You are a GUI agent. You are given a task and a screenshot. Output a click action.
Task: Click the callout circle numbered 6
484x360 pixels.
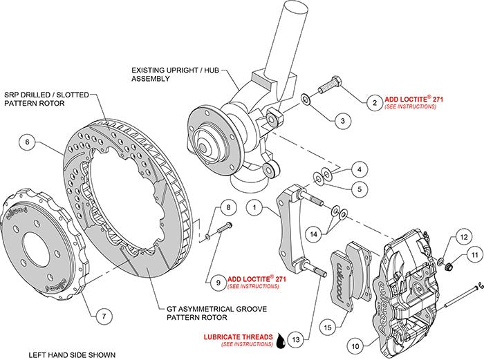[28, 143]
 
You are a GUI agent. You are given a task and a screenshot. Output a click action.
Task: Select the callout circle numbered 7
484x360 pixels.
[102, 316]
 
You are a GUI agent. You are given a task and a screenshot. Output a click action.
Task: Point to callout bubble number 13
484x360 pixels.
[296, 339]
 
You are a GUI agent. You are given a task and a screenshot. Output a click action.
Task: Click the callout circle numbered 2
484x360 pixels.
[374, 103]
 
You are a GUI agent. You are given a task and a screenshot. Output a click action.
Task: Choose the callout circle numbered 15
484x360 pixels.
[327, 323]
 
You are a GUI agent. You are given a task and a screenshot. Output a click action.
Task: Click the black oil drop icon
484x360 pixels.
[280, 339]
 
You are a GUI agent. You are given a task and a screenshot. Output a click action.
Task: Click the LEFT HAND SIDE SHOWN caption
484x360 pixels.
[72, 355]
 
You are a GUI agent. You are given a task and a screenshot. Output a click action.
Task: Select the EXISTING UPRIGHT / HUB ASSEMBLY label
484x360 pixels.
[160, 74]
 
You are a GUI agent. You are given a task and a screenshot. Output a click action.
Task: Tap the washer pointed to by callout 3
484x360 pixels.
[306, 103]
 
